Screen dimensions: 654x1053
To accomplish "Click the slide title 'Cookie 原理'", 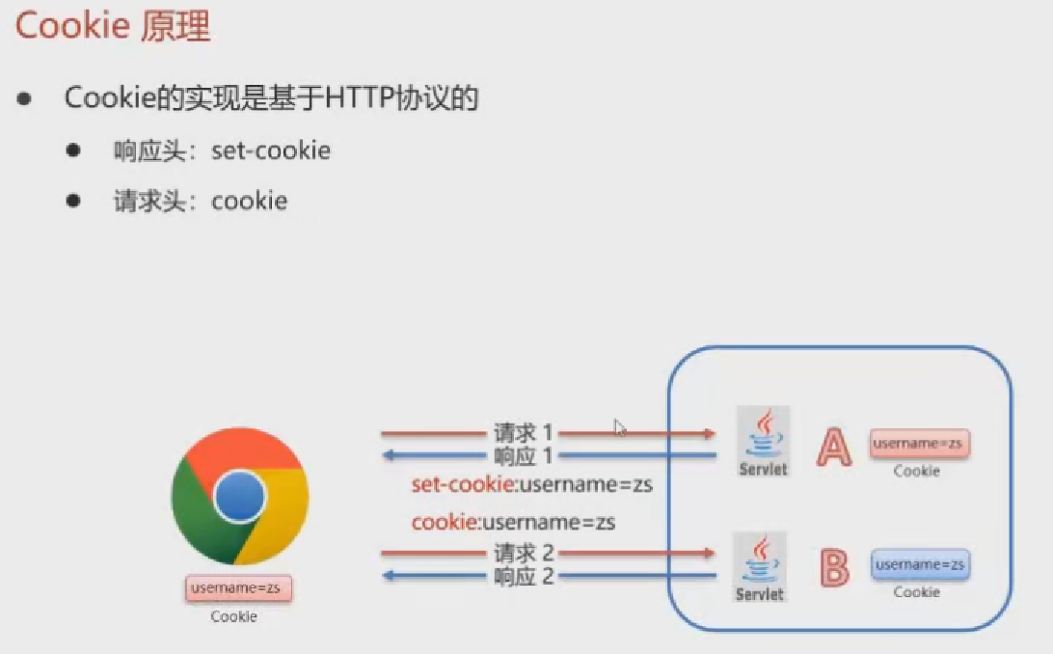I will [113, 27].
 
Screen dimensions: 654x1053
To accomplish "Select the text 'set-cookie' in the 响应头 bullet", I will [270, 150].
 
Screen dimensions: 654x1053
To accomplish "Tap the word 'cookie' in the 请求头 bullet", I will [249, 201].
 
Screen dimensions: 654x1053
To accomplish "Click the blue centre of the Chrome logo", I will [239, 497].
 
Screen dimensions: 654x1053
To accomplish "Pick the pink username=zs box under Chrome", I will [238, 587].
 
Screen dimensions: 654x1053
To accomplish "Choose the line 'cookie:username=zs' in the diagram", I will [513, 523].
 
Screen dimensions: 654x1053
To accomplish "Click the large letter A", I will [833, 447].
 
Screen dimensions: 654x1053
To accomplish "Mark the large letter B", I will [833, 568].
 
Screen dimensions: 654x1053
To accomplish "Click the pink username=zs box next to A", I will [920, 444].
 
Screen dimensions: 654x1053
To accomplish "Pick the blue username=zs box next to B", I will [921, 564].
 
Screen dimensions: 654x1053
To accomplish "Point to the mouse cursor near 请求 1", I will [619, 427].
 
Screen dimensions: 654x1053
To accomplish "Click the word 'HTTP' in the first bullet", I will [360, 98].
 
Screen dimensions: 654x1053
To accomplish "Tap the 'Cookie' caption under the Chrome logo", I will [234, 616].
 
